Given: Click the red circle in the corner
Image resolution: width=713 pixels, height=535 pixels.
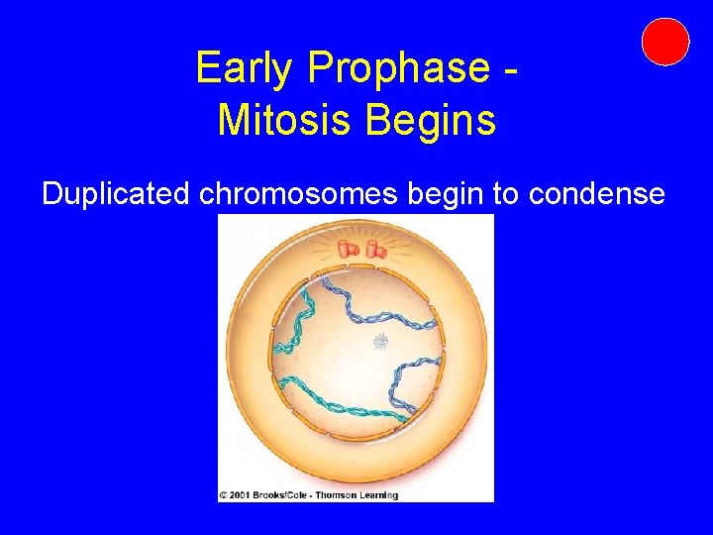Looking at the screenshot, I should click(x=664, y=42).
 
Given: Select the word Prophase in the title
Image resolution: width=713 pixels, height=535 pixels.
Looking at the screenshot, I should click(x=398, y=68).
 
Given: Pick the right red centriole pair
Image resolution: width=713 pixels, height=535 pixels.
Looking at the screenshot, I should click(x=374, y=251).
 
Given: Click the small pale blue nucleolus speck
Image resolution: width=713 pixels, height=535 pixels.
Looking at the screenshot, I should click(x=380, y=342).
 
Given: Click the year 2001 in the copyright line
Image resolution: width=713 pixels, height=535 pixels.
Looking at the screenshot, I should click(x=242, y=494).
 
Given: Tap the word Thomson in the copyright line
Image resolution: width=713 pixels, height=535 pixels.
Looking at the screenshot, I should click(x=339, y=494).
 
